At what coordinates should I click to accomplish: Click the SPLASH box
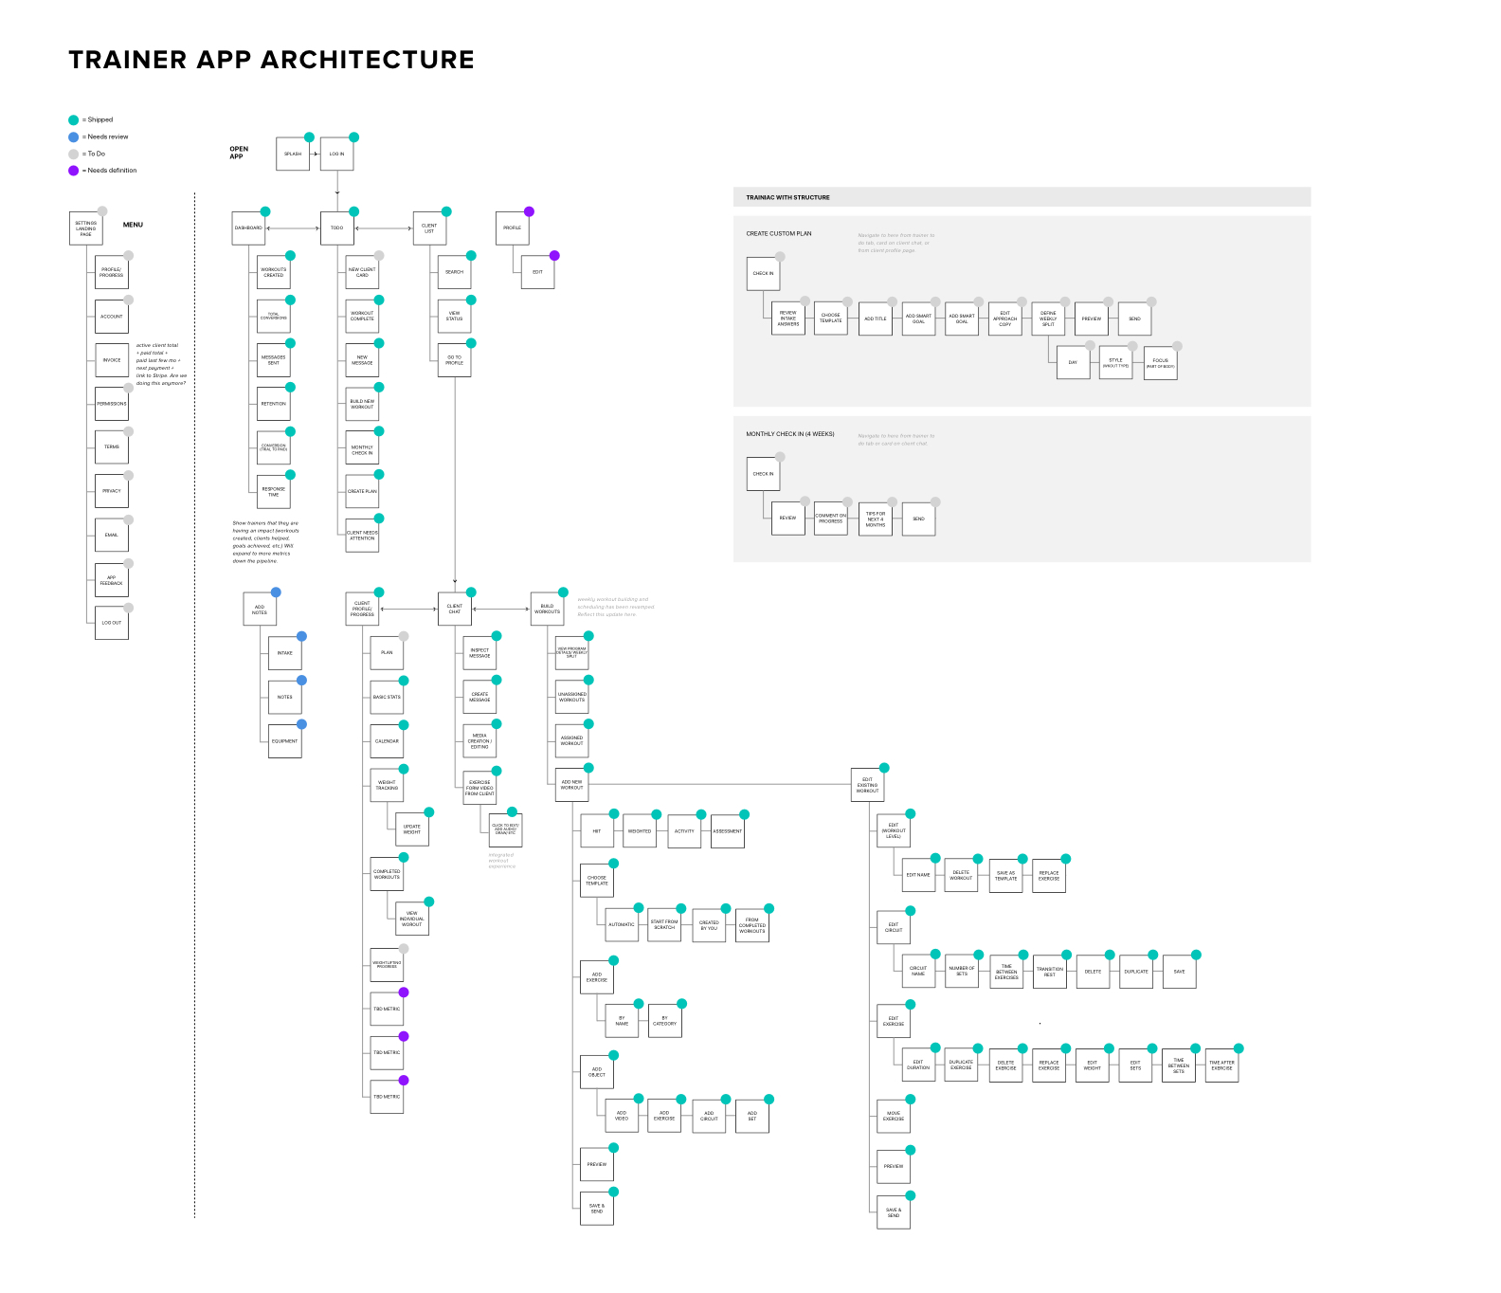293,154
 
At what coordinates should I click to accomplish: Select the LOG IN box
336,154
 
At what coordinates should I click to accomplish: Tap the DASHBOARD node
248,228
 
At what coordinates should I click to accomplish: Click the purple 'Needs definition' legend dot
73,171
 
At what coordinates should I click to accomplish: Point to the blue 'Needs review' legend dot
73,137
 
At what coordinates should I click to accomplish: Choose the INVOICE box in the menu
112,360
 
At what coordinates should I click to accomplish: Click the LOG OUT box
112,623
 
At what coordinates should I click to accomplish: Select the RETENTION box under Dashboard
274,404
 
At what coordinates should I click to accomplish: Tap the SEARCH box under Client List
455,272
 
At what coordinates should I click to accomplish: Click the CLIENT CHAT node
455,609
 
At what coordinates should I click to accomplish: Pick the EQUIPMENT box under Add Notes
284,741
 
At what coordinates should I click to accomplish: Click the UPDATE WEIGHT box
412,829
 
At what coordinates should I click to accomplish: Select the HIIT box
597,831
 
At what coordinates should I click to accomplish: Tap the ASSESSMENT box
728,831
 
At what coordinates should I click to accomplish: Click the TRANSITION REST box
1049,972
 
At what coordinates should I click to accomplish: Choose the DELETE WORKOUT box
961,875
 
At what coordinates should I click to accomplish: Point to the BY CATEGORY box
664,1021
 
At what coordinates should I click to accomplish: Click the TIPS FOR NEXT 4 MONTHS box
876,519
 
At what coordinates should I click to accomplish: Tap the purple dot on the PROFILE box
529,211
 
